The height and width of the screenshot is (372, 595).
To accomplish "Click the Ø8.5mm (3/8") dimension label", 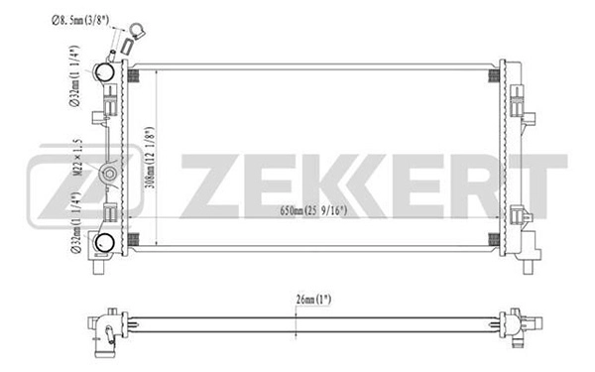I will point(80,18).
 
